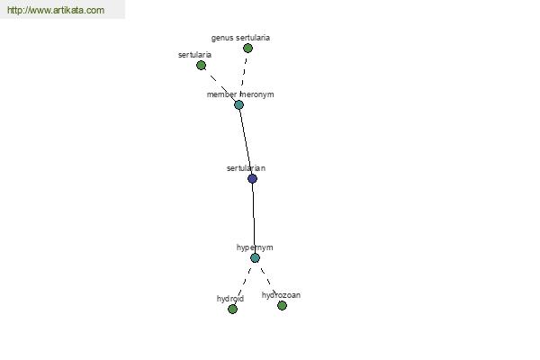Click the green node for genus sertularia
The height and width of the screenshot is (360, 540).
247,49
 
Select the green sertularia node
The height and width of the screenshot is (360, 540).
201,65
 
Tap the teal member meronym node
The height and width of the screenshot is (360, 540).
238,104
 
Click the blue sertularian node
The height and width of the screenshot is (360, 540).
252,178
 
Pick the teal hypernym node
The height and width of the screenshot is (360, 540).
255,257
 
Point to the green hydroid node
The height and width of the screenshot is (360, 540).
232,309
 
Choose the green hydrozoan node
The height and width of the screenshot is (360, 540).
282,305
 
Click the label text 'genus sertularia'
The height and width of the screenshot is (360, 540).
240,38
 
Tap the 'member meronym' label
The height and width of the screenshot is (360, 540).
240,94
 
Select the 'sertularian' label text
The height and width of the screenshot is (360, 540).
246,168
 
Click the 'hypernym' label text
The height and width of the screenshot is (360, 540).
255,247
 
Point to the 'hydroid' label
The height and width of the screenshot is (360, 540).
230,298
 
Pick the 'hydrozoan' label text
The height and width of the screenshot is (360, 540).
281,295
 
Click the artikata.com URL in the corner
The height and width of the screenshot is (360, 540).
56,10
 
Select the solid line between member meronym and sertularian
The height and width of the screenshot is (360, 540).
247,141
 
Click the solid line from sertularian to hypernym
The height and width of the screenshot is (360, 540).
254,218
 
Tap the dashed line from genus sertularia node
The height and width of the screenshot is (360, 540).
244,73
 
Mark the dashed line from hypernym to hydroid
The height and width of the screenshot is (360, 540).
244,283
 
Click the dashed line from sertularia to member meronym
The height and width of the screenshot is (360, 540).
220,85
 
